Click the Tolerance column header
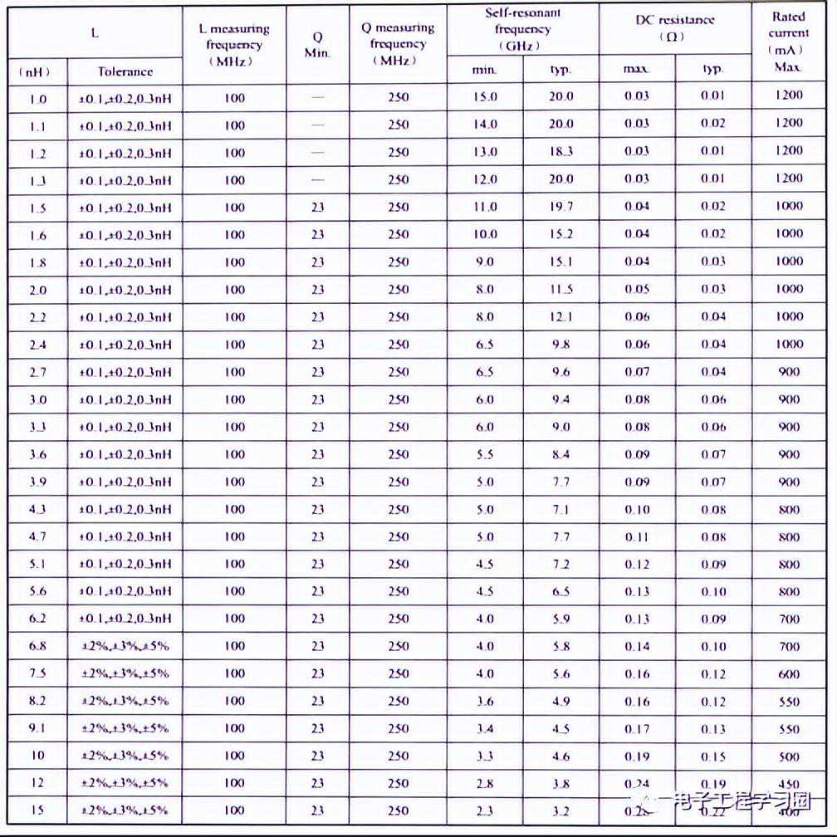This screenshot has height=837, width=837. tap(125, 71)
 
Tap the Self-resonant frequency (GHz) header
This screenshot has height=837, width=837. tap(523, 30)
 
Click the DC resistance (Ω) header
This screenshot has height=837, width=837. tap(674, 29)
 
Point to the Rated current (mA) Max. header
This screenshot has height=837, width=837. tap(788, 41)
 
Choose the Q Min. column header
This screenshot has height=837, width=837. tap(317, 45)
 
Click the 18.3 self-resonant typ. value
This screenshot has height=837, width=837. tap(560, 151)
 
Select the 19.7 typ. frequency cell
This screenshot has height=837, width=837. tap(560, 207)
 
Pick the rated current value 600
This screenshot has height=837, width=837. tap(789, 674)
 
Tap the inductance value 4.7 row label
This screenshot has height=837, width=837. tap(37, 536)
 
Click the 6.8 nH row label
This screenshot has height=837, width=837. tap(37, 646)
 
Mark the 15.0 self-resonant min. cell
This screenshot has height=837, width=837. tap(485, 96)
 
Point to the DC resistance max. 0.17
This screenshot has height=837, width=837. tap(637, 729)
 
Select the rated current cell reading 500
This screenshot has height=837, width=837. tap(789, 756)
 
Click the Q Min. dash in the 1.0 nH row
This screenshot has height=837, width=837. tap(317, 98)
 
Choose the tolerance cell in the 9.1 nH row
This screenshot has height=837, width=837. tap(125, 728)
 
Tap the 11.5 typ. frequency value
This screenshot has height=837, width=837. tap(560, 289)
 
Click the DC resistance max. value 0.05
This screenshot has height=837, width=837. tap(637, 289)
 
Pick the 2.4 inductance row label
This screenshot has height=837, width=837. tap(37, 344)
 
